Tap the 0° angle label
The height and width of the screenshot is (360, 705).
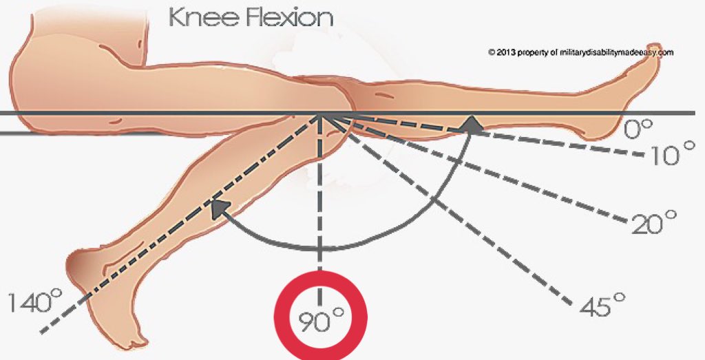tap(638, 129)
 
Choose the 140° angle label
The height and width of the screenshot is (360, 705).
tap(35, 301)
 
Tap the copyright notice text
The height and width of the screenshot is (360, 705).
tap(580, 52)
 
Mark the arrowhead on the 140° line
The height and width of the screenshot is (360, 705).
tap(219, 207)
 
